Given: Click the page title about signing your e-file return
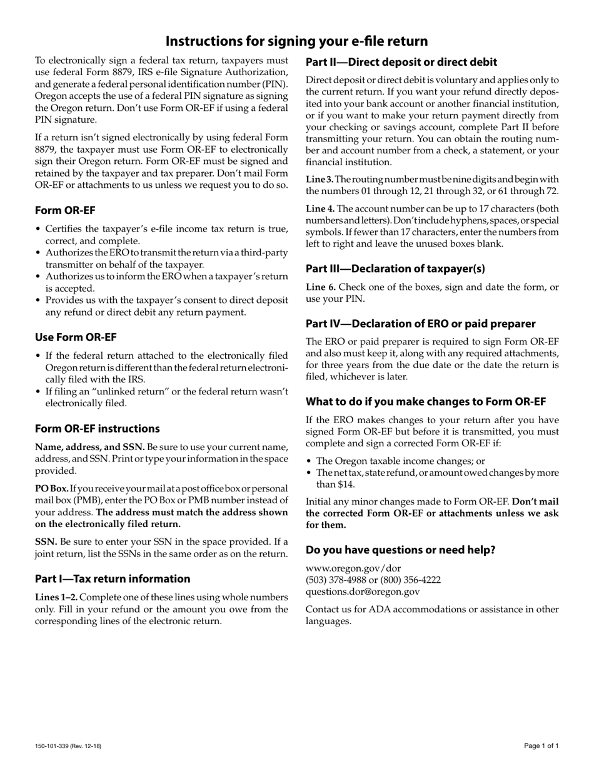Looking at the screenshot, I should coord(296,41).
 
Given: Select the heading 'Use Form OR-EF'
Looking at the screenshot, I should coord(76,337).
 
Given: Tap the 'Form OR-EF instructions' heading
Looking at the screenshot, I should coord(97,428).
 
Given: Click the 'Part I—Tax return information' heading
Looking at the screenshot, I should coord(113,578).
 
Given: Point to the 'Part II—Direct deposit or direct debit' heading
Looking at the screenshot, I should coord(401,62).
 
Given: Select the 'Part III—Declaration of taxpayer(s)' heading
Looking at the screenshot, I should coord(395,269).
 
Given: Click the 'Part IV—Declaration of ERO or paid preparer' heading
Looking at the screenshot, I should coord(420,324).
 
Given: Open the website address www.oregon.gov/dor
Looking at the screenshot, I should coord(353,568).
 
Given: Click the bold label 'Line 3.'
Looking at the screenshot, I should coord(320,179).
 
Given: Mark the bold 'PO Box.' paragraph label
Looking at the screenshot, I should coord(51,488).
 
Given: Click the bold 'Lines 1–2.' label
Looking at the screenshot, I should coord(56,597).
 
